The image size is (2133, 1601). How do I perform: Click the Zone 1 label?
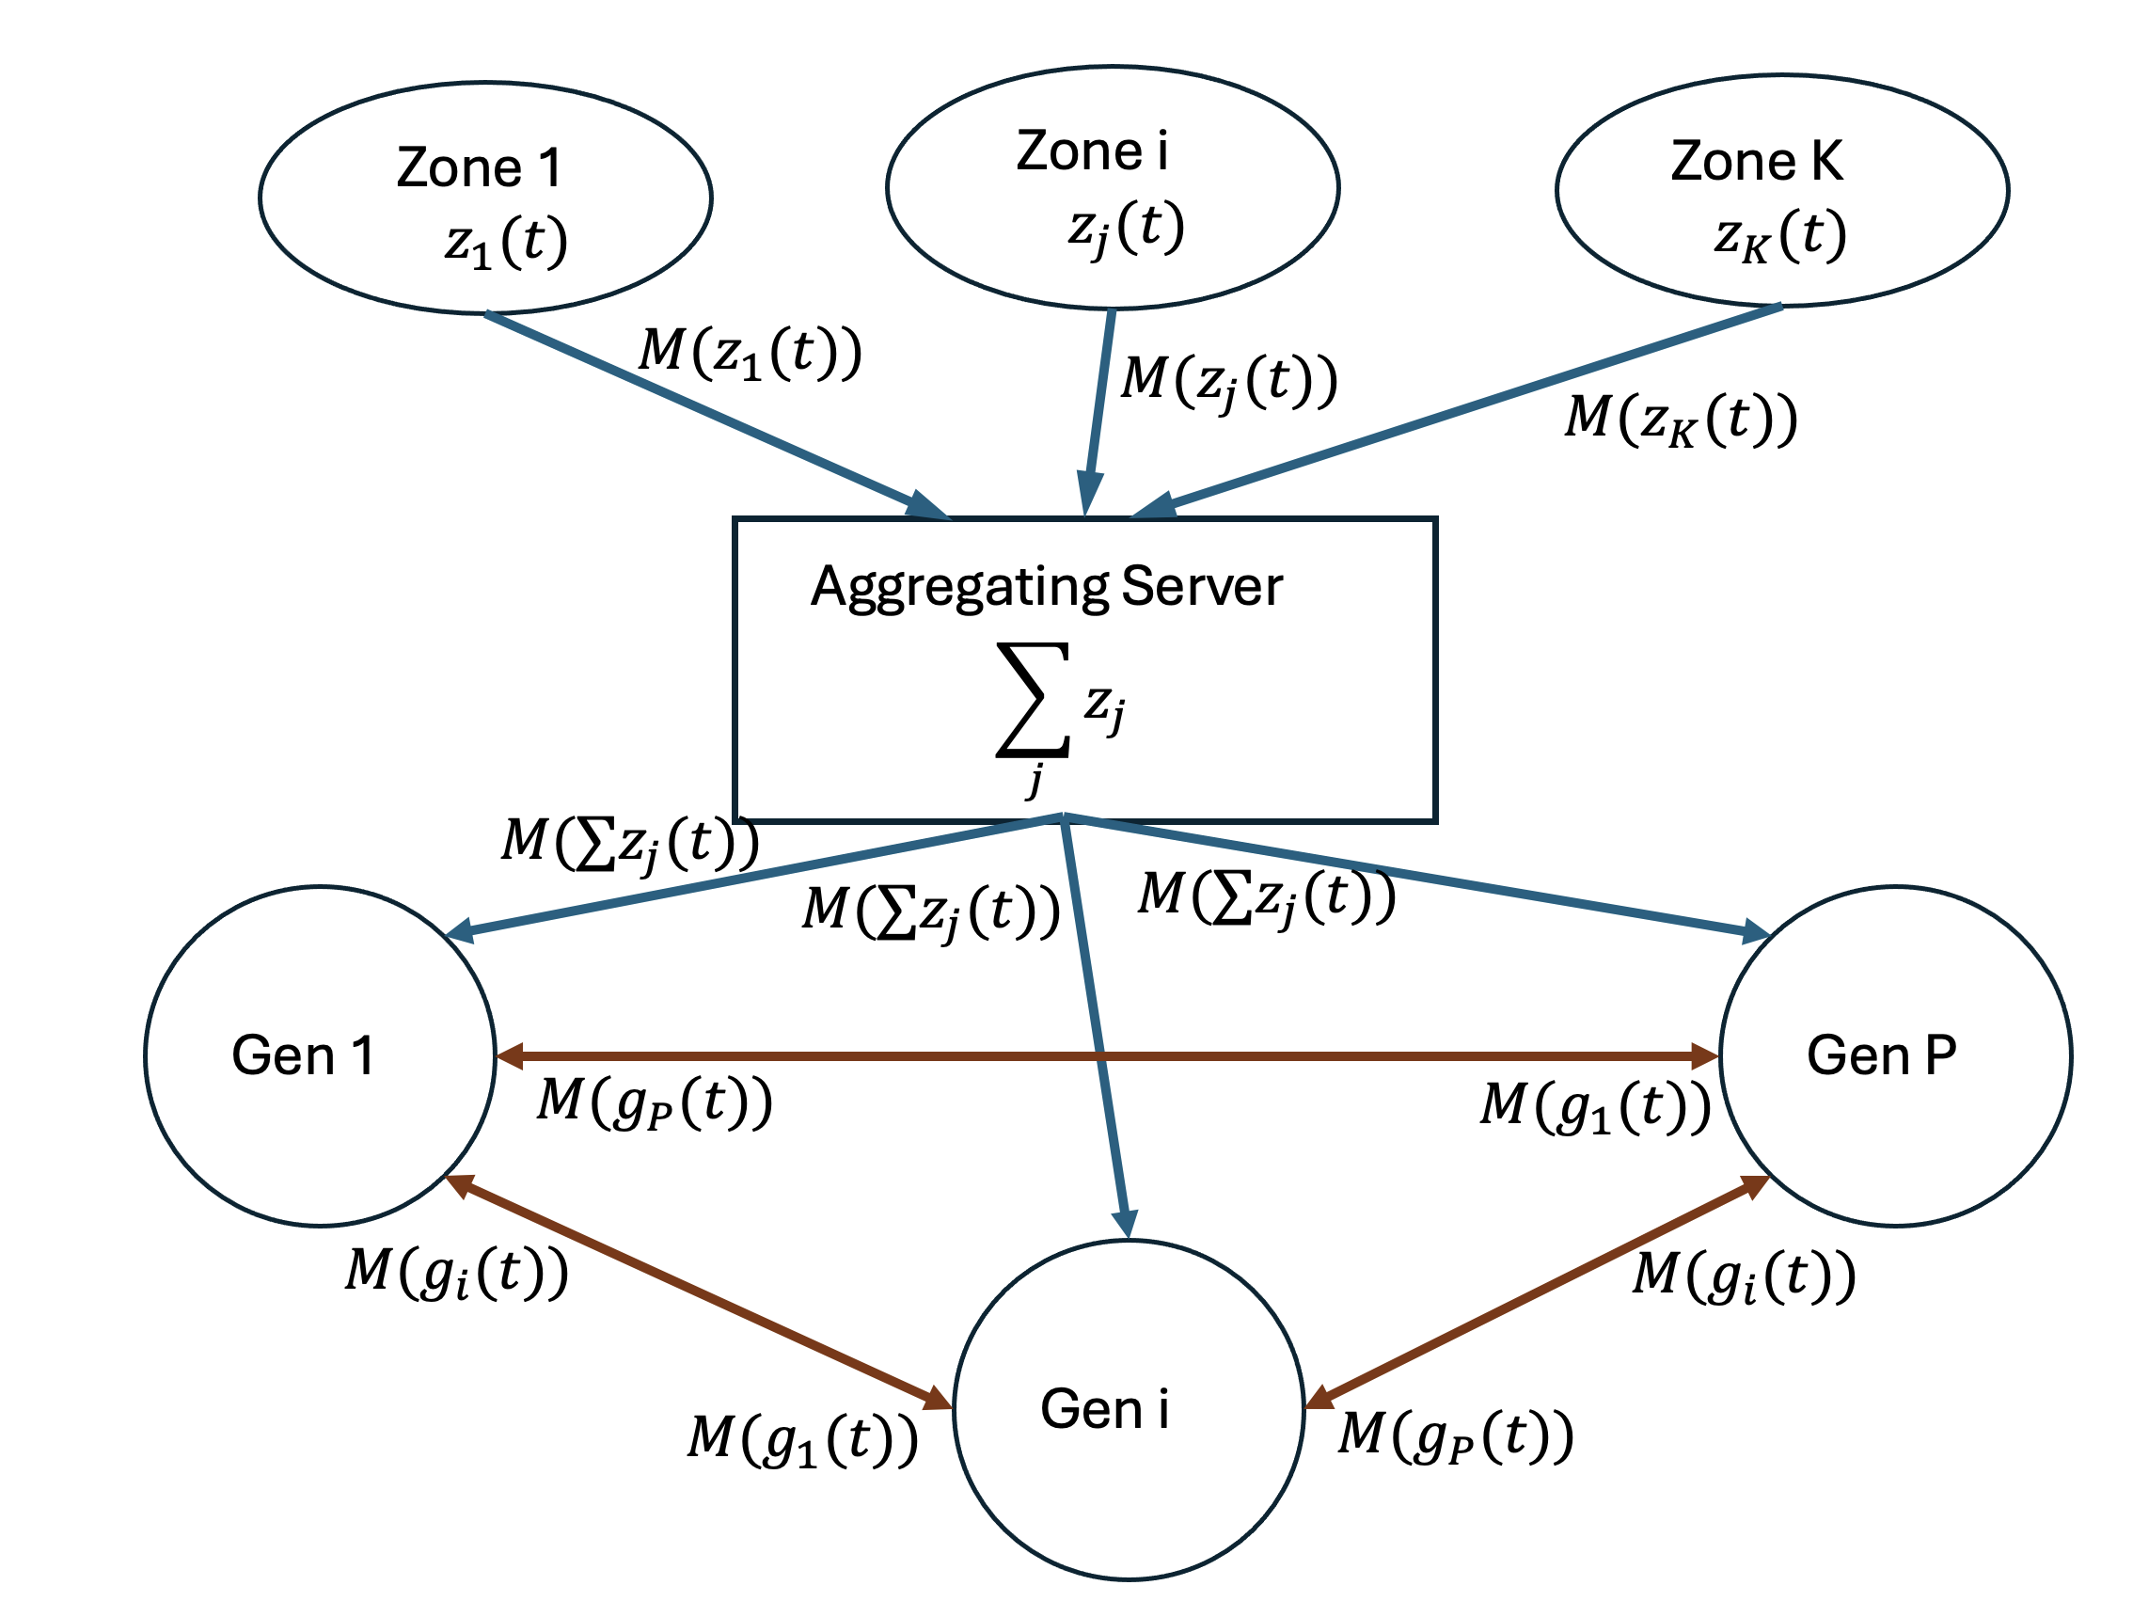tap(479, 167)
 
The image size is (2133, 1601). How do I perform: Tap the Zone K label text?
tap(1756, 161)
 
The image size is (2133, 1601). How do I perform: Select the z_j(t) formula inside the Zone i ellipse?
tap(1126, 229)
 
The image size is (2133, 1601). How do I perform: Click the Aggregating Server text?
tap(1046, 586)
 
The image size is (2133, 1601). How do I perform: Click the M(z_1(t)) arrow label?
tap(750, 352)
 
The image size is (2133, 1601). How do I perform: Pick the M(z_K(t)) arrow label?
tap(1681, 420)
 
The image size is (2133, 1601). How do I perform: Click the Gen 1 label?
tap(303, 1055)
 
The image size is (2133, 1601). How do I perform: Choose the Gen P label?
tap(1881, 1055)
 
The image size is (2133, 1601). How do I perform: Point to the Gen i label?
tap(1105, 1409)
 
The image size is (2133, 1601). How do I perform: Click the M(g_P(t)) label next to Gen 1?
tap(654, 1102)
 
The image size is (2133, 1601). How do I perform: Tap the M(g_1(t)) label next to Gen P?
tap(1595, 1106)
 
